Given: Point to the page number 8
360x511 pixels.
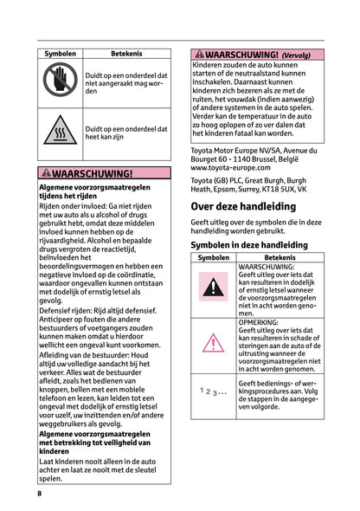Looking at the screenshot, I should [x=40, y=493].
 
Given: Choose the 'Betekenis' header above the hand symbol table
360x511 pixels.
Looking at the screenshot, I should [x=126, y=54].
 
